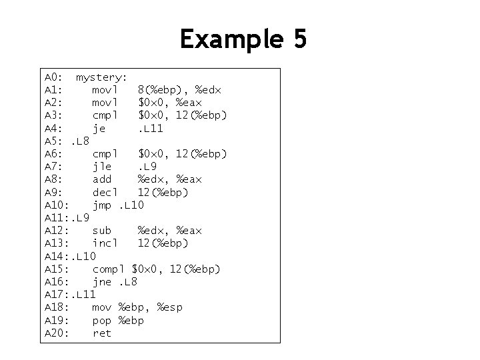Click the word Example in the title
[225, 39]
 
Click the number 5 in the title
[299, 39]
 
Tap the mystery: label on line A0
[101, 77]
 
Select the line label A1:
[53, 89]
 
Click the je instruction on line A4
[99, 128]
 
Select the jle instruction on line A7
[101, 167]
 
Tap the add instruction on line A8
[101, 179]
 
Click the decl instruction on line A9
[105, 192]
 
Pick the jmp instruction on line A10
[102, 205]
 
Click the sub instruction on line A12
[101, 231]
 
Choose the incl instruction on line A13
[105, 243]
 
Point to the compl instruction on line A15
[109, 269]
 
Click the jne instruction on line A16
[101, 282]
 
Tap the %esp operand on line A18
[169, 307]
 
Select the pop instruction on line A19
[101, 321]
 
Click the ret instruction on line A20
[101, 333]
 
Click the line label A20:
[57, 333]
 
